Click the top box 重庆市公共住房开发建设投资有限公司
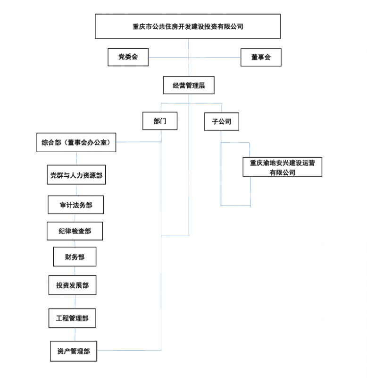pyautogui.click(x=188, y=26)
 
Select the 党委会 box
pyautogui.click(x=128, y=57)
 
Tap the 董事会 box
pyautogui.click(x=261, y=57)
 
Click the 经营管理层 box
pyautogui.click(x=189, y=86)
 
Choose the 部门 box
pyautogui.click(x=160, y=121)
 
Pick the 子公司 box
pyautogui.click(x=221, y=121)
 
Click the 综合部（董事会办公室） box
pyautogui.click(x=76, y=142)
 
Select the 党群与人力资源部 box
pyautogui.click(x=76, y=175)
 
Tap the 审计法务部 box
pyautogui.click(x=76, y=205)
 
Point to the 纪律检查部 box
pyautogui.click(x=75, y=231)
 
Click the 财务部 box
pyautogui.click(x=75, y=257)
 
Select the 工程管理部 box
pyautogui.click(x=72, y=318)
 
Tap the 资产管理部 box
pyautogui.click(x=74, y=351)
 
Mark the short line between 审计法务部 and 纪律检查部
pyautogui.click(x=75, y=218)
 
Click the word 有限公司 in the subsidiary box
pyautogui.click(x=282, y=172)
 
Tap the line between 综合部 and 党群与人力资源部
pyautogui.click(x=76, y=158)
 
